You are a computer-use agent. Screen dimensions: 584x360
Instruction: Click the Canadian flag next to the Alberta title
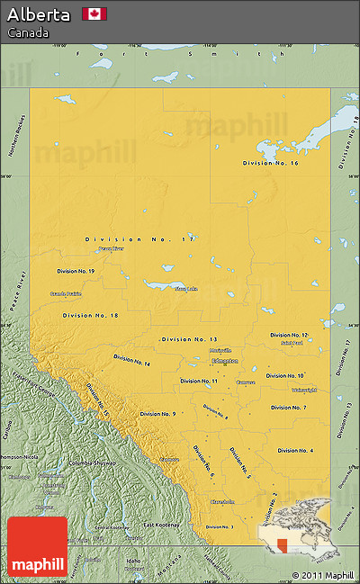[x=94, y=13]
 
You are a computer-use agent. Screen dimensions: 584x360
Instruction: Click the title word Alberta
[x=39, y=14]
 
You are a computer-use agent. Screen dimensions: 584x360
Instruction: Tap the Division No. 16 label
[x=271, y=163]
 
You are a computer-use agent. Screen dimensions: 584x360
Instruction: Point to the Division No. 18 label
[x=91, y=315]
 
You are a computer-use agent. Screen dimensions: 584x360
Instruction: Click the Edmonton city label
[x=224, y=361]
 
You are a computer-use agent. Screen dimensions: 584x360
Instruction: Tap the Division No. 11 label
[x=199, y=381]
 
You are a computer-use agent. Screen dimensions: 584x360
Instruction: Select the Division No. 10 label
[x=285, y=375]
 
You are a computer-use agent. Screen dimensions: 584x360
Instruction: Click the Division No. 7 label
[x=289, y=408]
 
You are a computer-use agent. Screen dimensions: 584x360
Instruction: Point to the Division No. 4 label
[x=295, y=450]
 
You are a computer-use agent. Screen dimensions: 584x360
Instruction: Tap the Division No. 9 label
[x=157, y=414]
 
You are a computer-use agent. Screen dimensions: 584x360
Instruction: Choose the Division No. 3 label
[x=220, y=526]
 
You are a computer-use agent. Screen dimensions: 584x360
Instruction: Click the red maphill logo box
[x=37, y=546]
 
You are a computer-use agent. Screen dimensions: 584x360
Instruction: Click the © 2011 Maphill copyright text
[x=322, y=575]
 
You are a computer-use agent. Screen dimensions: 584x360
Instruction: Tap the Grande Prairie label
[x=66, y=293]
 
